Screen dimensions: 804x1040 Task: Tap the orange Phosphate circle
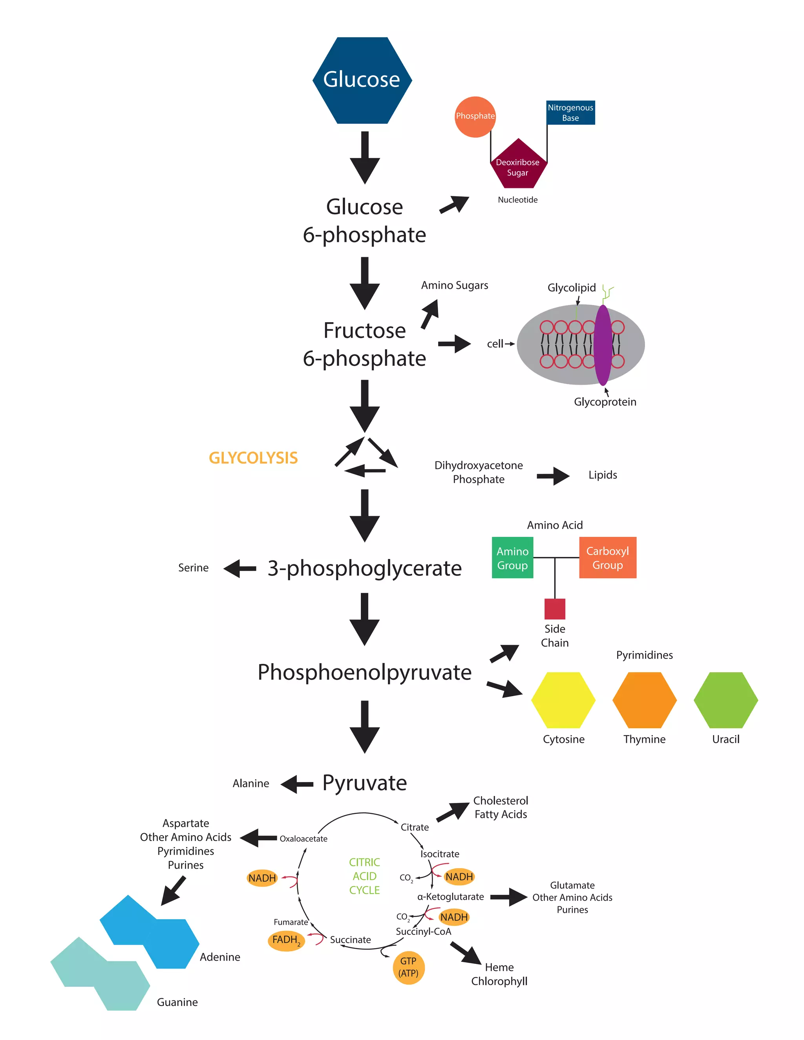475,117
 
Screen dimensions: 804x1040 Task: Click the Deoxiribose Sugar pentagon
518,166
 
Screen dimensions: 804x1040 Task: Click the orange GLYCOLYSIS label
253,458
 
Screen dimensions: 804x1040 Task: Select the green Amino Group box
512,558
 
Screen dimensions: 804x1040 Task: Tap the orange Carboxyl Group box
607,558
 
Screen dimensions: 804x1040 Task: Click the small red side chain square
554,609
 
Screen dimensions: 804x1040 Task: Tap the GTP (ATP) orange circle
408,967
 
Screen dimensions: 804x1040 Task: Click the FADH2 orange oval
286,940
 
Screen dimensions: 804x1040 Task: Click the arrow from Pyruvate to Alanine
297,784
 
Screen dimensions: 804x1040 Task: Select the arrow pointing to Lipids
552,475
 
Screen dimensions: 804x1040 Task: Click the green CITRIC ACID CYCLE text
364,876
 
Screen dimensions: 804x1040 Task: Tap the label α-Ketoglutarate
450,897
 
